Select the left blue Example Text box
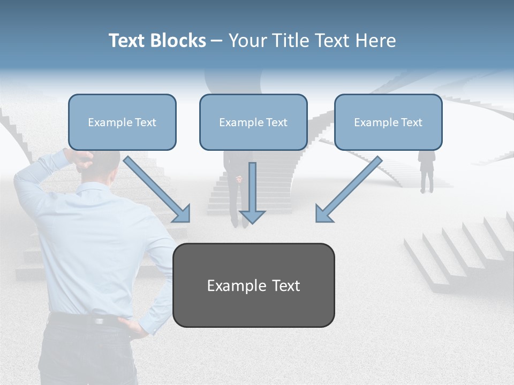point(122,122)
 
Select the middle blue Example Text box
point(253,122)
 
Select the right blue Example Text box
point(388,122)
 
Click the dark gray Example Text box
point(253,285)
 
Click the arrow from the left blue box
point(157,189)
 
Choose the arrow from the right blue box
point(348,189)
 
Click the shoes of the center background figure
point(239,224)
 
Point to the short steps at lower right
point(455,251)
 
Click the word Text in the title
point(126,41)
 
